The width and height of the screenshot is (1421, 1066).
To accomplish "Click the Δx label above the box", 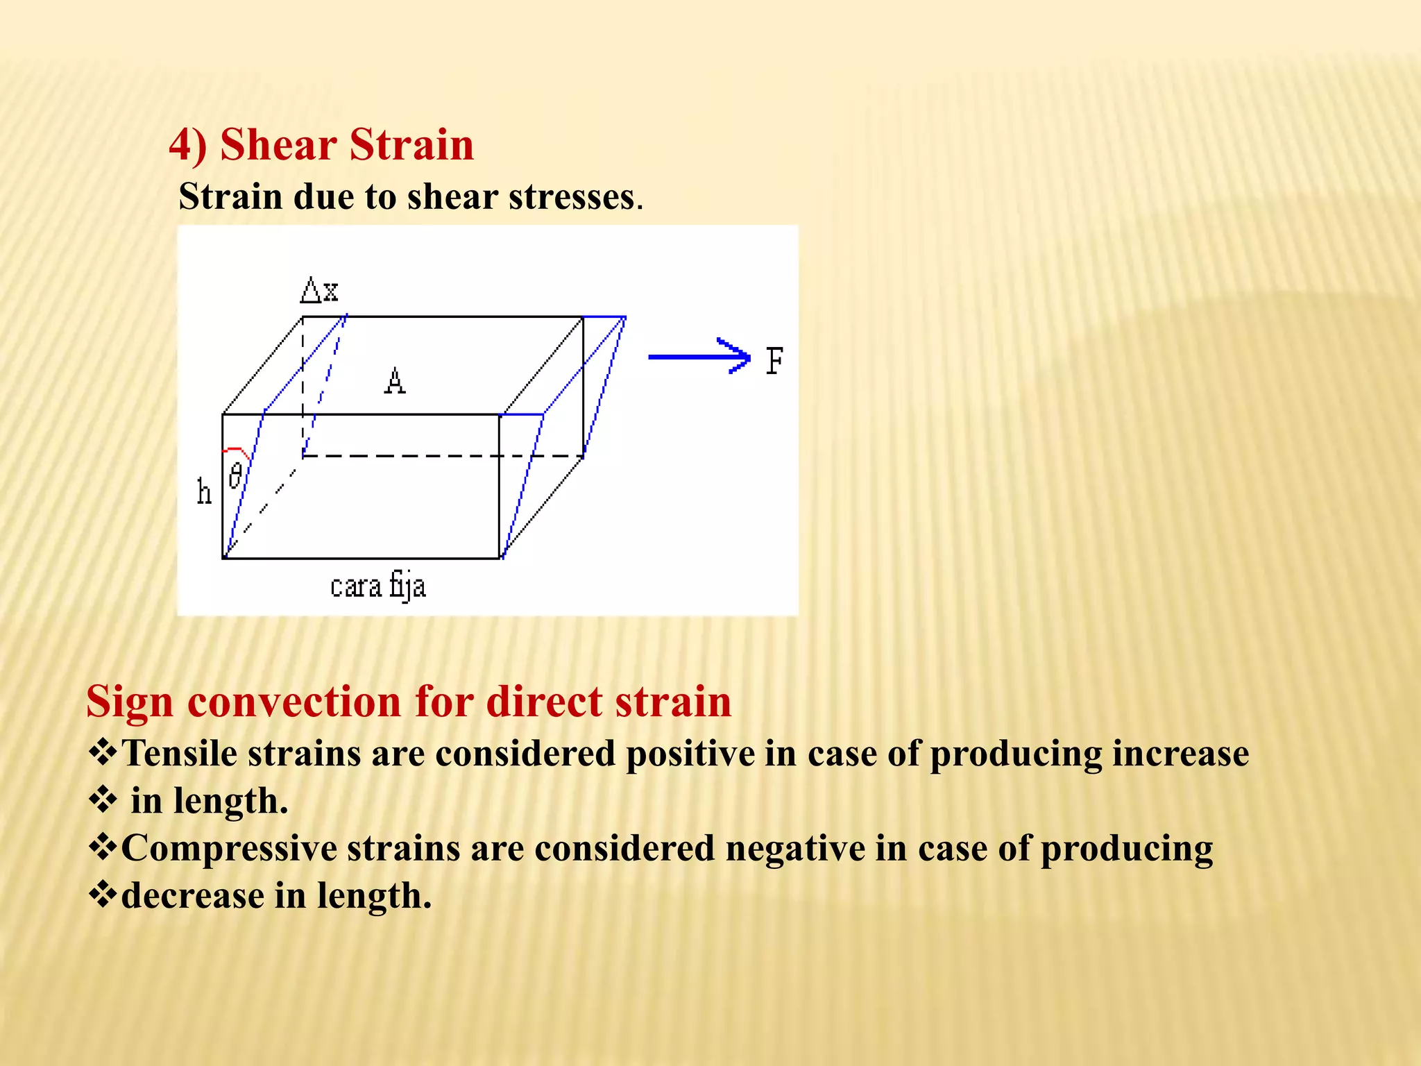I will [x=320, y=290].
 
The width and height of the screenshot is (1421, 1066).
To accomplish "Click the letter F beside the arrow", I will [x=774, y=361].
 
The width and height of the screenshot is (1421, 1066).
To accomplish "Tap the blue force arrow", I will [x=697, y=357].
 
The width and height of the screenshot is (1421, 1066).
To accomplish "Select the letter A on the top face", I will [x=395, y=381].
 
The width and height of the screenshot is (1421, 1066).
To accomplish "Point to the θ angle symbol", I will [x=236, y=476].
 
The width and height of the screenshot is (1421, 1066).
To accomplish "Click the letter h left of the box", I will [x=203, y=492].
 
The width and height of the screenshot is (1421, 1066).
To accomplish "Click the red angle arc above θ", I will [x=237, y=450].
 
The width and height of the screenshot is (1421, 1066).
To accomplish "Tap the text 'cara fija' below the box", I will [x=377, y=586].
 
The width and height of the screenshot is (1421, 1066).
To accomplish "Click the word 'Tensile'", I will [x=179, y=753].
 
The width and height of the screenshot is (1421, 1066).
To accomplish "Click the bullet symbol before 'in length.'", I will [x=103, y=800].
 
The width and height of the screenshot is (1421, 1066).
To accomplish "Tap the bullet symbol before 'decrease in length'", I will [x=103, y=895].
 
